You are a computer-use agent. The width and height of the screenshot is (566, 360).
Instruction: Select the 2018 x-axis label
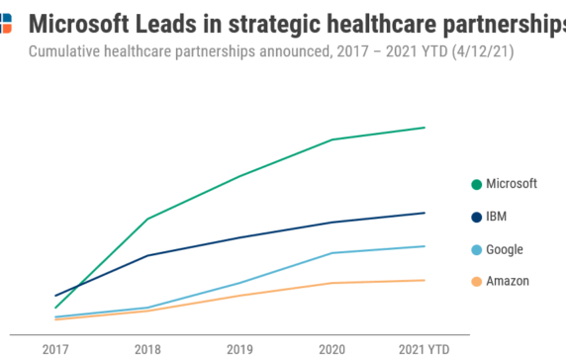coord(147,349)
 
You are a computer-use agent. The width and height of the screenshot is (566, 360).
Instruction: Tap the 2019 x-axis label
coord(239,349)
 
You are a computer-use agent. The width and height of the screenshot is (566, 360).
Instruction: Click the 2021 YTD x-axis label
coord(424,349)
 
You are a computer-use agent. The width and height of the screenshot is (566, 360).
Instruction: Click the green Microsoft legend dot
coord(476,184)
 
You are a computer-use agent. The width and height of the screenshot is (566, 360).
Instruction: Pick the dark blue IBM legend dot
coord(476,217)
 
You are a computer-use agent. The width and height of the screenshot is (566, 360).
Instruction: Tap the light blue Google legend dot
coord(476,249)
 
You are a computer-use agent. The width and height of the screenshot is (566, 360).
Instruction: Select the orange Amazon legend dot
coord(476,282)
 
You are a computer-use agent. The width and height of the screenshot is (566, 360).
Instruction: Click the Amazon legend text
coord(508,282)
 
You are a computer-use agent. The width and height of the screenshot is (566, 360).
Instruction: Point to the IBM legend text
coord(497,217)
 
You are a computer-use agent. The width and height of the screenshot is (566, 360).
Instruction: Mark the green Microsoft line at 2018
coord(147,219)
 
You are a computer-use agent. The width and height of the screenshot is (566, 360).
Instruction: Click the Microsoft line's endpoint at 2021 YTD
coord(424,128)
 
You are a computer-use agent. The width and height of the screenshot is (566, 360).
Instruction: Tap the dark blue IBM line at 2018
coord(147,256)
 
